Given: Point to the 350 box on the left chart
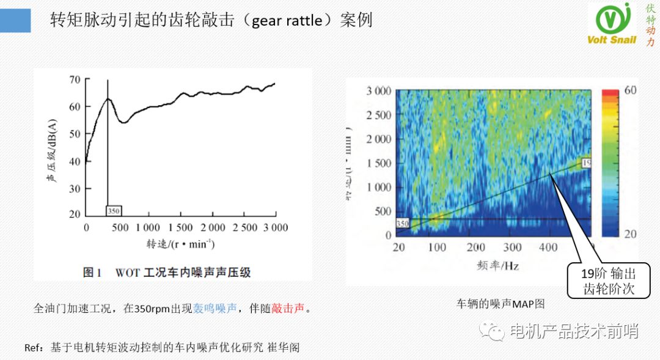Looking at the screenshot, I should click(114, 211).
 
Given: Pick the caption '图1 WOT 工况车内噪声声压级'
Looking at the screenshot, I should click(167, 273).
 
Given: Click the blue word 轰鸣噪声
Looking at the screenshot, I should click(215, 308).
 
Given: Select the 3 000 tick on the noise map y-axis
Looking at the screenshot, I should click(379, 92).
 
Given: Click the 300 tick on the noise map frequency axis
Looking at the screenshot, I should click(512, 248).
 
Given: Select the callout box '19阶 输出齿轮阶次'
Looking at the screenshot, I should click(609, 281).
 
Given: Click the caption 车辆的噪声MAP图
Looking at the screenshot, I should click(500, 303).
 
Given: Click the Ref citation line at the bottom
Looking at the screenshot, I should click(162, 347).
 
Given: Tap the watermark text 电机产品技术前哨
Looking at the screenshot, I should click(574, 331).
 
